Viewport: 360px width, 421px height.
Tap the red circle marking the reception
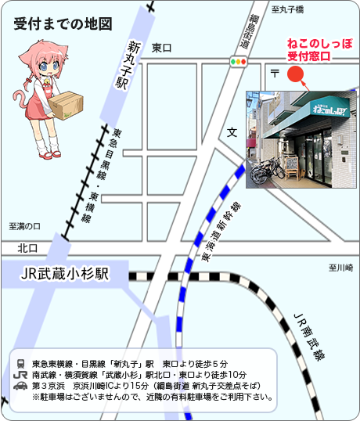[x=296, y=74]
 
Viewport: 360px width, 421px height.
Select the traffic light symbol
[x=238, y=60]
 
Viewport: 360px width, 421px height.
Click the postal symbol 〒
[x=275, y=73]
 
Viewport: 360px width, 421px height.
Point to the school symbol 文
[x=232, y=133]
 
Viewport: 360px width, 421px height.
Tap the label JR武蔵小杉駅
[x=65, y=275]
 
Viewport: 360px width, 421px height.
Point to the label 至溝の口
[x=24, y=226]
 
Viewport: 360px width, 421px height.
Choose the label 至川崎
[x=341, y=268]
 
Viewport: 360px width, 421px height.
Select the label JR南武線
[x=309, y=336]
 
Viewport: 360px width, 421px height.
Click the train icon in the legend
[x=20, y=364]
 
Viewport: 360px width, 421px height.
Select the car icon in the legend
[x=20, y=386]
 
